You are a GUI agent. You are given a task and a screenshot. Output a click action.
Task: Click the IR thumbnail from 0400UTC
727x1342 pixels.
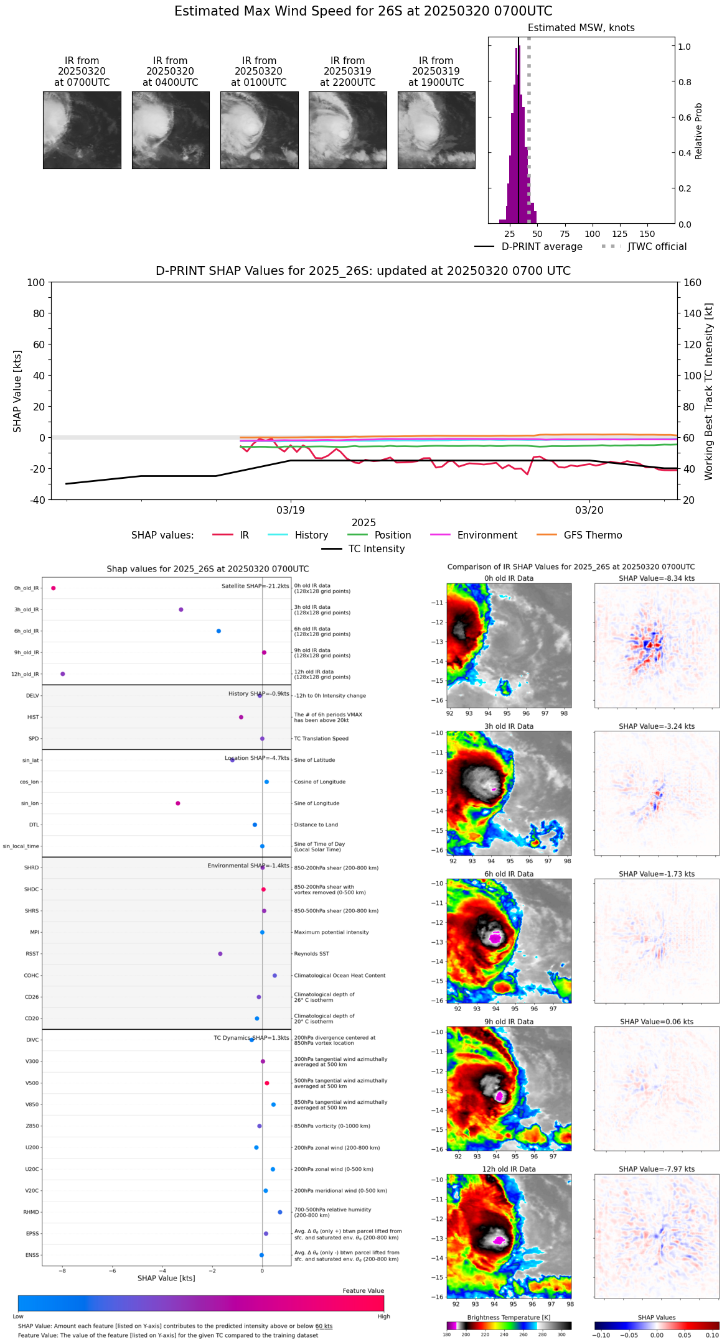point(171,130)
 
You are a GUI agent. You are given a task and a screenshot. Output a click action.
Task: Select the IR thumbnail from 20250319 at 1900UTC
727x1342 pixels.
point(436,130)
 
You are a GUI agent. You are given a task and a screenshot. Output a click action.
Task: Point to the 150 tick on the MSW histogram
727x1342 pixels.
point(647,234)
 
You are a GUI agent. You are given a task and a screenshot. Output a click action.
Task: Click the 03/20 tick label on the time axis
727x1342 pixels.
point(589,511)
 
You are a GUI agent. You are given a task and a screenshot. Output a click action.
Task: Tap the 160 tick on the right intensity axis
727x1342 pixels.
point(692,282)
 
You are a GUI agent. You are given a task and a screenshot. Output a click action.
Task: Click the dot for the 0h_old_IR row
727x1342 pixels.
point(54,588)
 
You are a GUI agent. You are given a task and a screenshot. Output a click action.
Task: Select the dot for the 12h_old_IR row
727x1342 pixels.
point(62,674)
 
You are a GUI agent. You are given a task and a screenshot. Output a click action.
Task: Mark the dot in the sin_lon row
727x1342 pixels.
point(178,803)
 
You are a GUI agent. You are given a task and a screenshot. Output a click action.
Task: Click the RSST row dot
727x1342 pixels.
point(220,954)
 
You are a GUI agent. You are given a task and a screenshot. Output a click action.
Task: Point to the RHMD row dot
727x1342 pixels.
point(280,1212)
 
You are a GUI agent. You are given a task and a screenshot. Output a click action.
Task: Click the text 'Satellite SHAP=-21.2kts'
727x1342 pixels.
point(255,586)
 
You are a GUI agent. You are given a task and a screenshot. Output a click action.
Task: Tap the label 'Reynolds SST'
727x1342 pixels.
point(311,954)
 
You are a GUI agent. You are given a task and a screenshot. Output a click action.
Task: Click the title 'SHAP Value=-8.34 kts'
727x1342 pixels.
point(656,578)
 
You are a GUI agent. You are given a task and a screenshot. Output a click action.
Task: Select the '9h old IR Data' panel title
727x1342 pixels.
point(509,1022)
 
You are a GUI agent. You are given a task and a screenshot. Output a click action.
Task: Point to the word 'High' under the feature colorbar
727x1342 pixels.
point(383,1317)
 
